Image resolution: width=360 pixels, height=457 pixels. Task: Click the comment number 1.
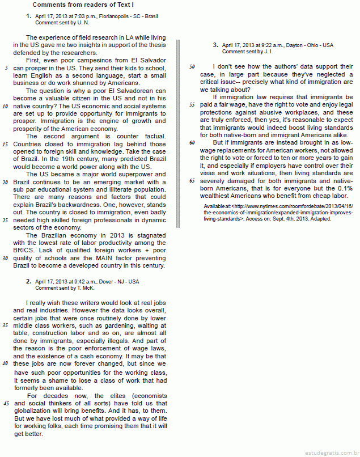click(x=28, y=16)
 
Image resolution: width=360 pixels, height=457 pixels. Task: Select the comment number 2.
click(x=28, y=281)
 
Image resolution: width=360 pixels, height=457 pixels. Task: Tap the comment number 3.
click(x=215, y=45)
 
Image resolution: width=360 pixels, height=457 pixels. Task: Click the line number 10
click(x=5, y=106)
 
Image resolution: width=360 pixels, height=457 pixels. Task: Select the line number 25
click(x=5, y=220)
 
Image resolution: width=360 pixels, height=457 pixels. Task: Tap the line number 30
click(x=5, y=258)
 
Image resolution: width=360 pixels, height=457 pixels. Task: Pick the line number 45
click(x=6, y=403)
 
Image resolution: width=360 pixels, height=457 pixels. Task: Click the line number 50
click(x=192, y=67)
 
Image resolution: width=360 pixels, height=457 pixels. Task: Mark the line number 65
click(x=192, y=181)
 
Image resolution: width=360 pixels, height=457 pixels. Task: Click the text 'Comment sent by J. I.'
click(x=248, y=52)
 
